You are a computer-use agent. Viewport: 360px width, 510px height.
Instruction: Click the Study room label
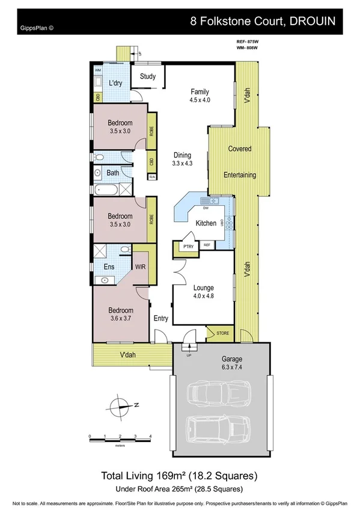pos(148,76)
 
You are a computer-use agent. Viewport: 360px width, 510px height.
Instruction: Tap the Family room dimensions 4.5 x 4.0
pos(200,100)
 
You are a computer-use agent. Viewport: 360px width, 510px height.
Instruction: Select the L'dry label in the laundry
pos(116,84)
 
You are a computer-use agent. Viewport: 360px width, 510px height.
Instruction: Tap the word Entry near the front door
pos(160,319)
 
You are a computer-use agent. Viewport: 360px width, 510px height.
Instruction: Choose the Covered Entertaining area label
pos(240,162)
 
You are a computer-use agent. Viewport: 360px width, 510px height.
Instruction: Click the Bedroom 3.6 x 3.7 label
pos(120,314)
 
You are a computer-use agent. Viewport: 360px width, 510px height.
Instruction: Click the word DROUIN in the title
pos(318,20)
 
